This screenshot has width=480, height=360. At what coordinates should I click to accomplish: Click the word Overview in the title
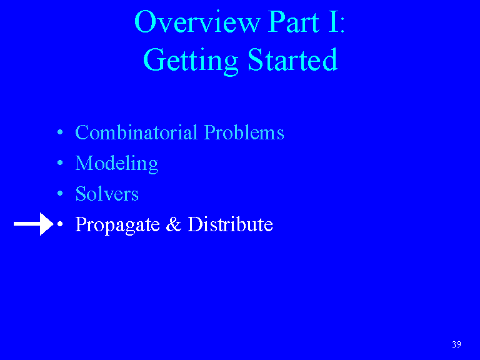197,21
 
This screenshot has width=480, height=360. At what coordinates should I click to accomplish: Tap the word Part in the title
294,21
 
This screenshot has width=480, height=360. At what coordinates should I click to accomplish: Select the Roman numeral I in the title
332,21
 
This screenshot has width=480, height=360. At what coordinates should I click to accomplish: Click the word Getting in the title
191,61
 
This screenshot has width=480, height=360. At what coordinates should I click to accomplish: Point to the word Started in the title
292,59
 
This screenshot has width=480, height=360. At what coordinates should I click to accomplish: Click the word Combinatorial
136,132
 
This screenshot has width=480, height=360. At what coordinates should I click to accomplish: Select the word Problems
244,132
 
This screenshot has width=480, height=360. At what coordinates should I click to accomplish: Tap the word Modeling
117,164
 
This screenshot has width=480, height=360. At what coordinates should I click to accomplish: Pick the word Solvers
107,194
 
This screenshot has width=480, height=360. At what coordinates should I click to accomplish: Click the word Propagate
117,225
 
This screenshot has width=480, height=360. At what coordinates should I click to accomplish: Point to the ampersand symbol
174,224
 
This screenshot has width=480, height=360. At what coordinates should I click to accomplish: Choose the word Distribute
230,224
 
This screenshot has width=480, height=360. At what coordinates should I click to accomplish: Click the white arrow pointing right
34,224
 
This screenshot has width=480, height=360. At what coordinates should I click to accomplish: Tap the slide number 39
456,344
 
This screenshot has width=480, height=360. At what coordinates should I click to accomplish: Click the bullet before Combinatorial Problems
60,132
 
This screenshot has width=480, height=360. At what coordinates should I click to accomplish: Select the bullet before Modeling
60,163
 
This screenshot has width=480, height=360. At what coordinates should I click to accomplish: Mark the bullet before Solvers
60,194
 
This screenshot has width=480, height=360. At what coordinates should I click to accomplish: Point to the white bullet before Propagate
60,224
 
